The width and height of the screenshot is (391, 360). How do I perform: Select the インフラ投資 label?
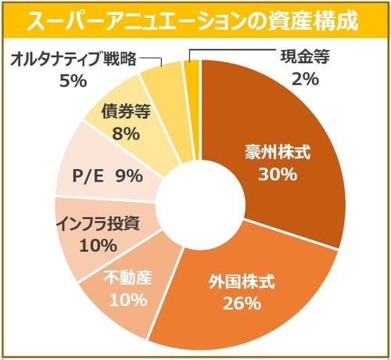(x=98, y=222)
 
